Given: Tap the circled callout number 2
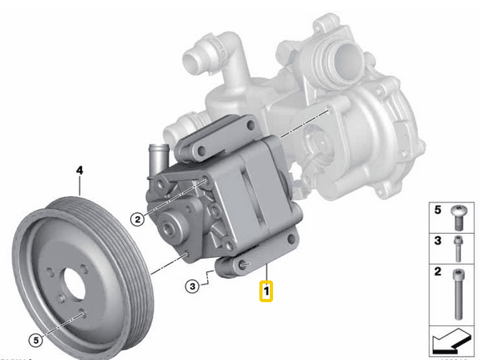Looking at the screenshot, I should click(x=137, y=219).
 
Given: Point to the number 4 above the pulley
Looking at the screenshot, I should click(x=79, y=170).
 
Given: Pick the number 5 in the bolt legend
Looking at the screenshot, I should click(x=438, y=211).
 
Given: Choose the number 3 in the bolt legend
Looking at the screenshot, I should click(x=438, y=241).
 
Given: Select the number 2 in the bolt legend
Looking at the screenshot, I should click(x=438, y=273).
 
